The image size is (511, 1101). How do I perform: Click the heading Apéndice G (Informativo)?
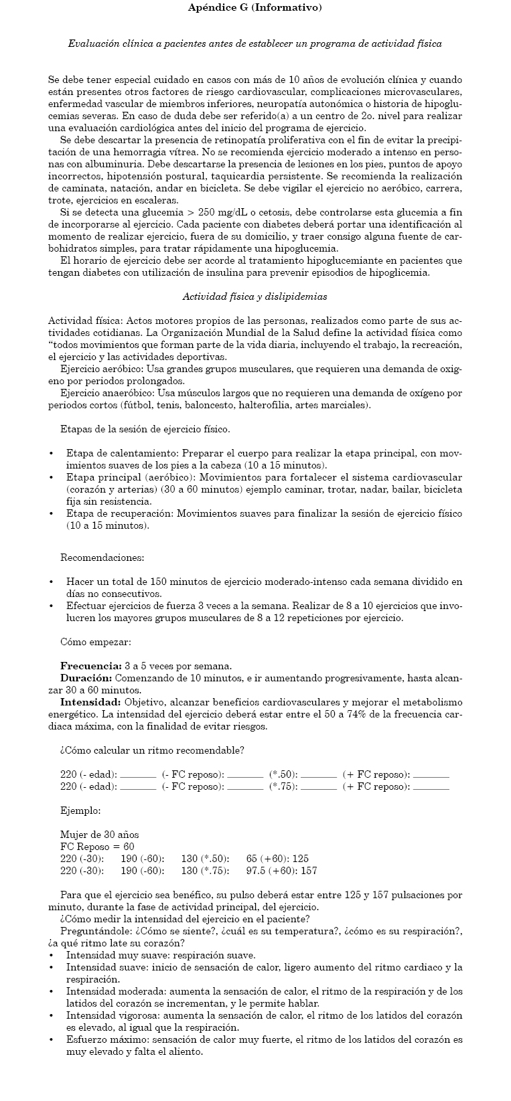[x=254, y=8]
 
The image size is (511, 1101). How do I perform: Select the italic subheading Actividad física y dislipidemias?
[x=254, y=296]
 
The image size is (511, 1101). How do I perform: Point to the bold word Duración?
[x=86, y=678]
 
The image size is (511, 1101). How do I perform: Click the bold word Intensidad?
[x=90, y=702]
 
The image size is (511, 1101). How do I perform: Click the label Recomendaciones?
[x=102, y=558]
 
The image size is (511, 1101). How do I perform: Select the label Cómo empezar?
[x=95, y=642]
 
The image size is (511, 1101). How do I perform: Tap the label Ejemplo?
[x=80, y=811]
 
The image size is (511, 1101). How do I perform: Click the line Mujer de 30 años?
[x=99, y=835]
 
